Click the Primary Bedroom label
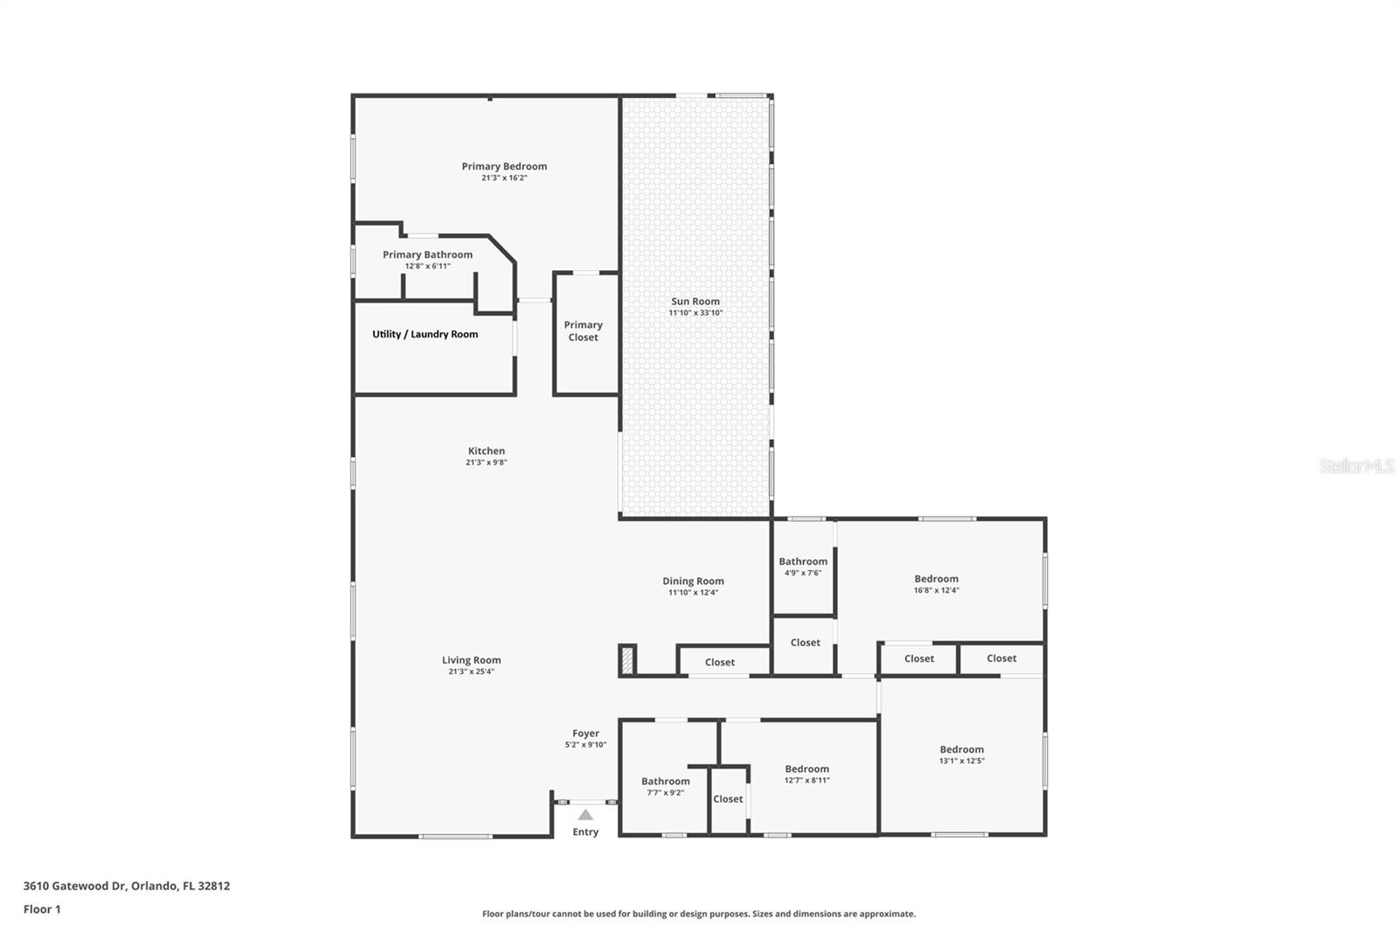(504, 166)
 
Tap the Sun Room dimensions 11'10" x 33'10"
(696, 313)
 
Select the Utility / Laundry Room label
(425, 334)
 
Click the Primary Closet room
(584, 331)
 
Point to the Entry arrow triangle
(585, 815)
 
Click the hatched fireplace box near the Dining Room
(626, 659)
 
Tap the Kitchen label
(487, 451)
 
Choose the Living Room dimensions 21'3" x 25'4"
(471, 672)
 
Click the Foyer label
(585, 734)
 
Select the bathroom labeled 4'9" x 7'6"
(803, 567)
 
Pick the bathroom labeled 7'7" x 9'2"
(665, 786)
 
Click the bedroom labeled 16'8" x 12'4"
(937, 583)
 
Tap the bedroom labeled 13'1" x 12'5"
(961, 754)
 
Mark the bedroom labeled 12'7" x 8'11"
(806, 774)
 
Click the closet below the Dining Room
(720, 662)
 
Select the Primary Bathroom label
(427, 254)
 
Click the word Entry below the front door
(585, 832)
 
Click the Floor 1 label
(42, 909)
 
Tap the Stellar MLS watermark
(1356, 466)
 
